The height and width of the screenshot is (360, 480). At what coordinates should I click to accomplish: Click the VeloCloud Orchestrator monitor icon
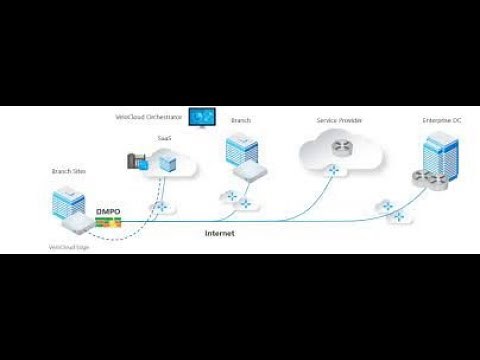[203, 118]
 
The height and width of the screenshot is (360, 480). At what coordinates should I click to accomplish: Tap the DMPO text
[107, 212]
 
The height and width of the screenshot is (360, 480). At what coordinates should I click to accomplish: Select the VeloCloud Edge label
[69, 246]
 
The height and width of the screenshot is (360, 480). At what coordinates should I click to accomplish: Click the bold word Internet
[220, 233]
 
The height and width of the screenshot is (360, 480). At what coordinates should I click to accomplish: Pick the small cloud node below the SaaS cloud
[158, 207]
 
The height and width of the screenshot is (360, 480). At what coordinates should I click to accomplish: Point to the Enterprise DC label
[442, 119]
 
